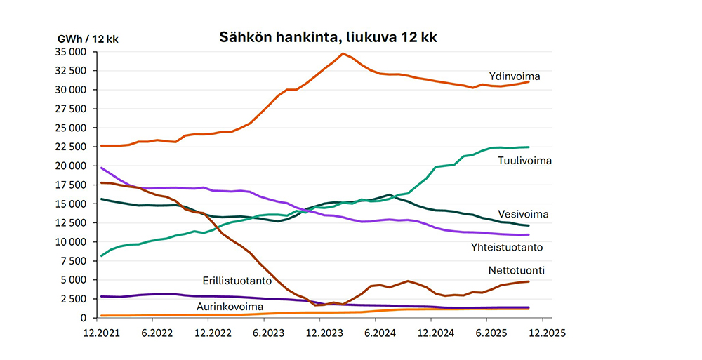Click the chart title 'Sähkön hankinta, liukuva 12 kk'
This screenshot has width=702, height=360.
(329, 37)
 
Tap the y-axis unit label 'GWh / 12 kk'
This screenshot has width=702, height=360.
(87, 39)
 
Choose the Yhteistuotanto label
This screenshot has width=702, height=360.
(507, 247)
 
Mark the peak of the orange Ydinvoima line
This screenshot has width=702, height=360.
(343, 53)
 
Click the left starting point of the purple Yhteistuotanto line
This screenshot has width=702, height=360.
(102, 168)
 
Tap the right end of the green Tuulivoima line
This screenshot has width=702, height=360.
(529, 147)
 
